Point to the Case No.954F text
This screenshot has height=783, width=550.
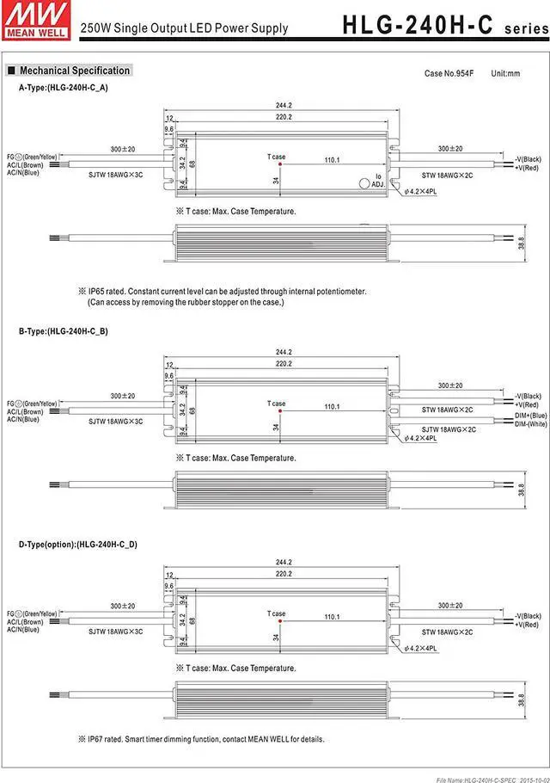point(448,73)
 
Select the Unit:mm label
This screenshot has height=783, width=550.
point(505,73)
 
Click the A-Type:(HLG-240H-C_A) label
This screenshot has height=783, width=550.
point(64,87)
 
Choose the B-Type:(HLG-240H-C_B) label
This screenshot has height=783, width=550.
point(64,330)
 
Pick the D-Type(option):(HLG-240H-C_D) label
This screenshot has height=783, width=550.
point(78,544)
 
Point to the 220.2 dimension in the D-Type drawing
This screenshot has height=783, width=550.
point(284,573)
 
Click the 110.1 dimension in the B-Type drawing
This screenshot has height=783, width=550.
point(332,407)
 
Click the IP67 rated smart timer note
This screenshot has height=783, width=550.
point(205,738)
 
